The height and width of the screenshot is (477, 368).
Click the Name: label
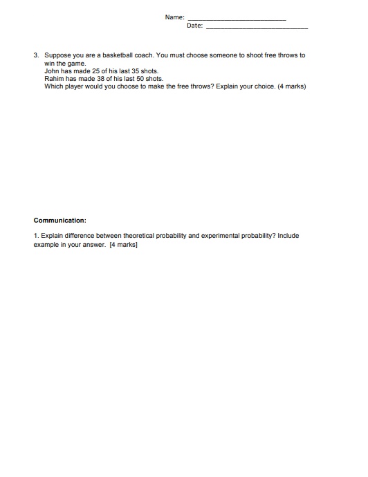[x=175, y=16]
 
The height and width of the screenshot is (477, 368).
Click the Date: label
[x=194, y=26]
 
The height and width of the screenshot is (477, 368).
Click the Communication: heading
[x=60, y=221]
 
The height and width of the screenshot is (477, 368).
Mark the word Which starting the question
[x=53, y=87]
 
